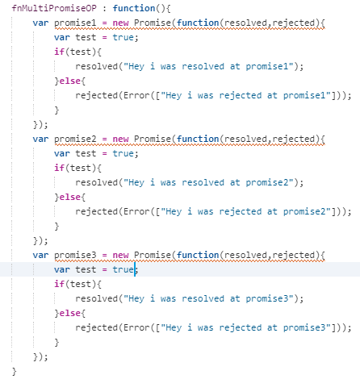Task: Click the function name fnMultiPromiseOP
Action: [x=54, y=8]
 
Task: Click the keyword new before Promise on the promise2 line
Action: [x=120, y=140]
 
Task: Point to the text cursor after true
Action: [x=135, y=269]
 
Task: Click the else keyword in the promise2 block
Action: [x=69, y=197]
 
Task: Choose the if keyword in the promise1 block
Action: [x=59, y=52]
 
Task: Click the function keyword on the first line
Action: [x=134, y=8]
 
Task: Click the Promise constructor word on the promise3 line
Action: [x=153, y=256]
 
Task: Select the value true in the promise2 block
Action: [x=123, y=153]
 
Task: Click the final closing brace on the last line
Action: [x=15, y=372]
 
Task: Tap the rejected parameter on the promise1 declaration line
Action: [x=294, y=23]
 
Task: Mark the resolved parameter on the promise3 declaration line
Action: [x=245, y=256]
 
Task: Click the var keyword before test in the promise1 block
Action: [x=62, y=37]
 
